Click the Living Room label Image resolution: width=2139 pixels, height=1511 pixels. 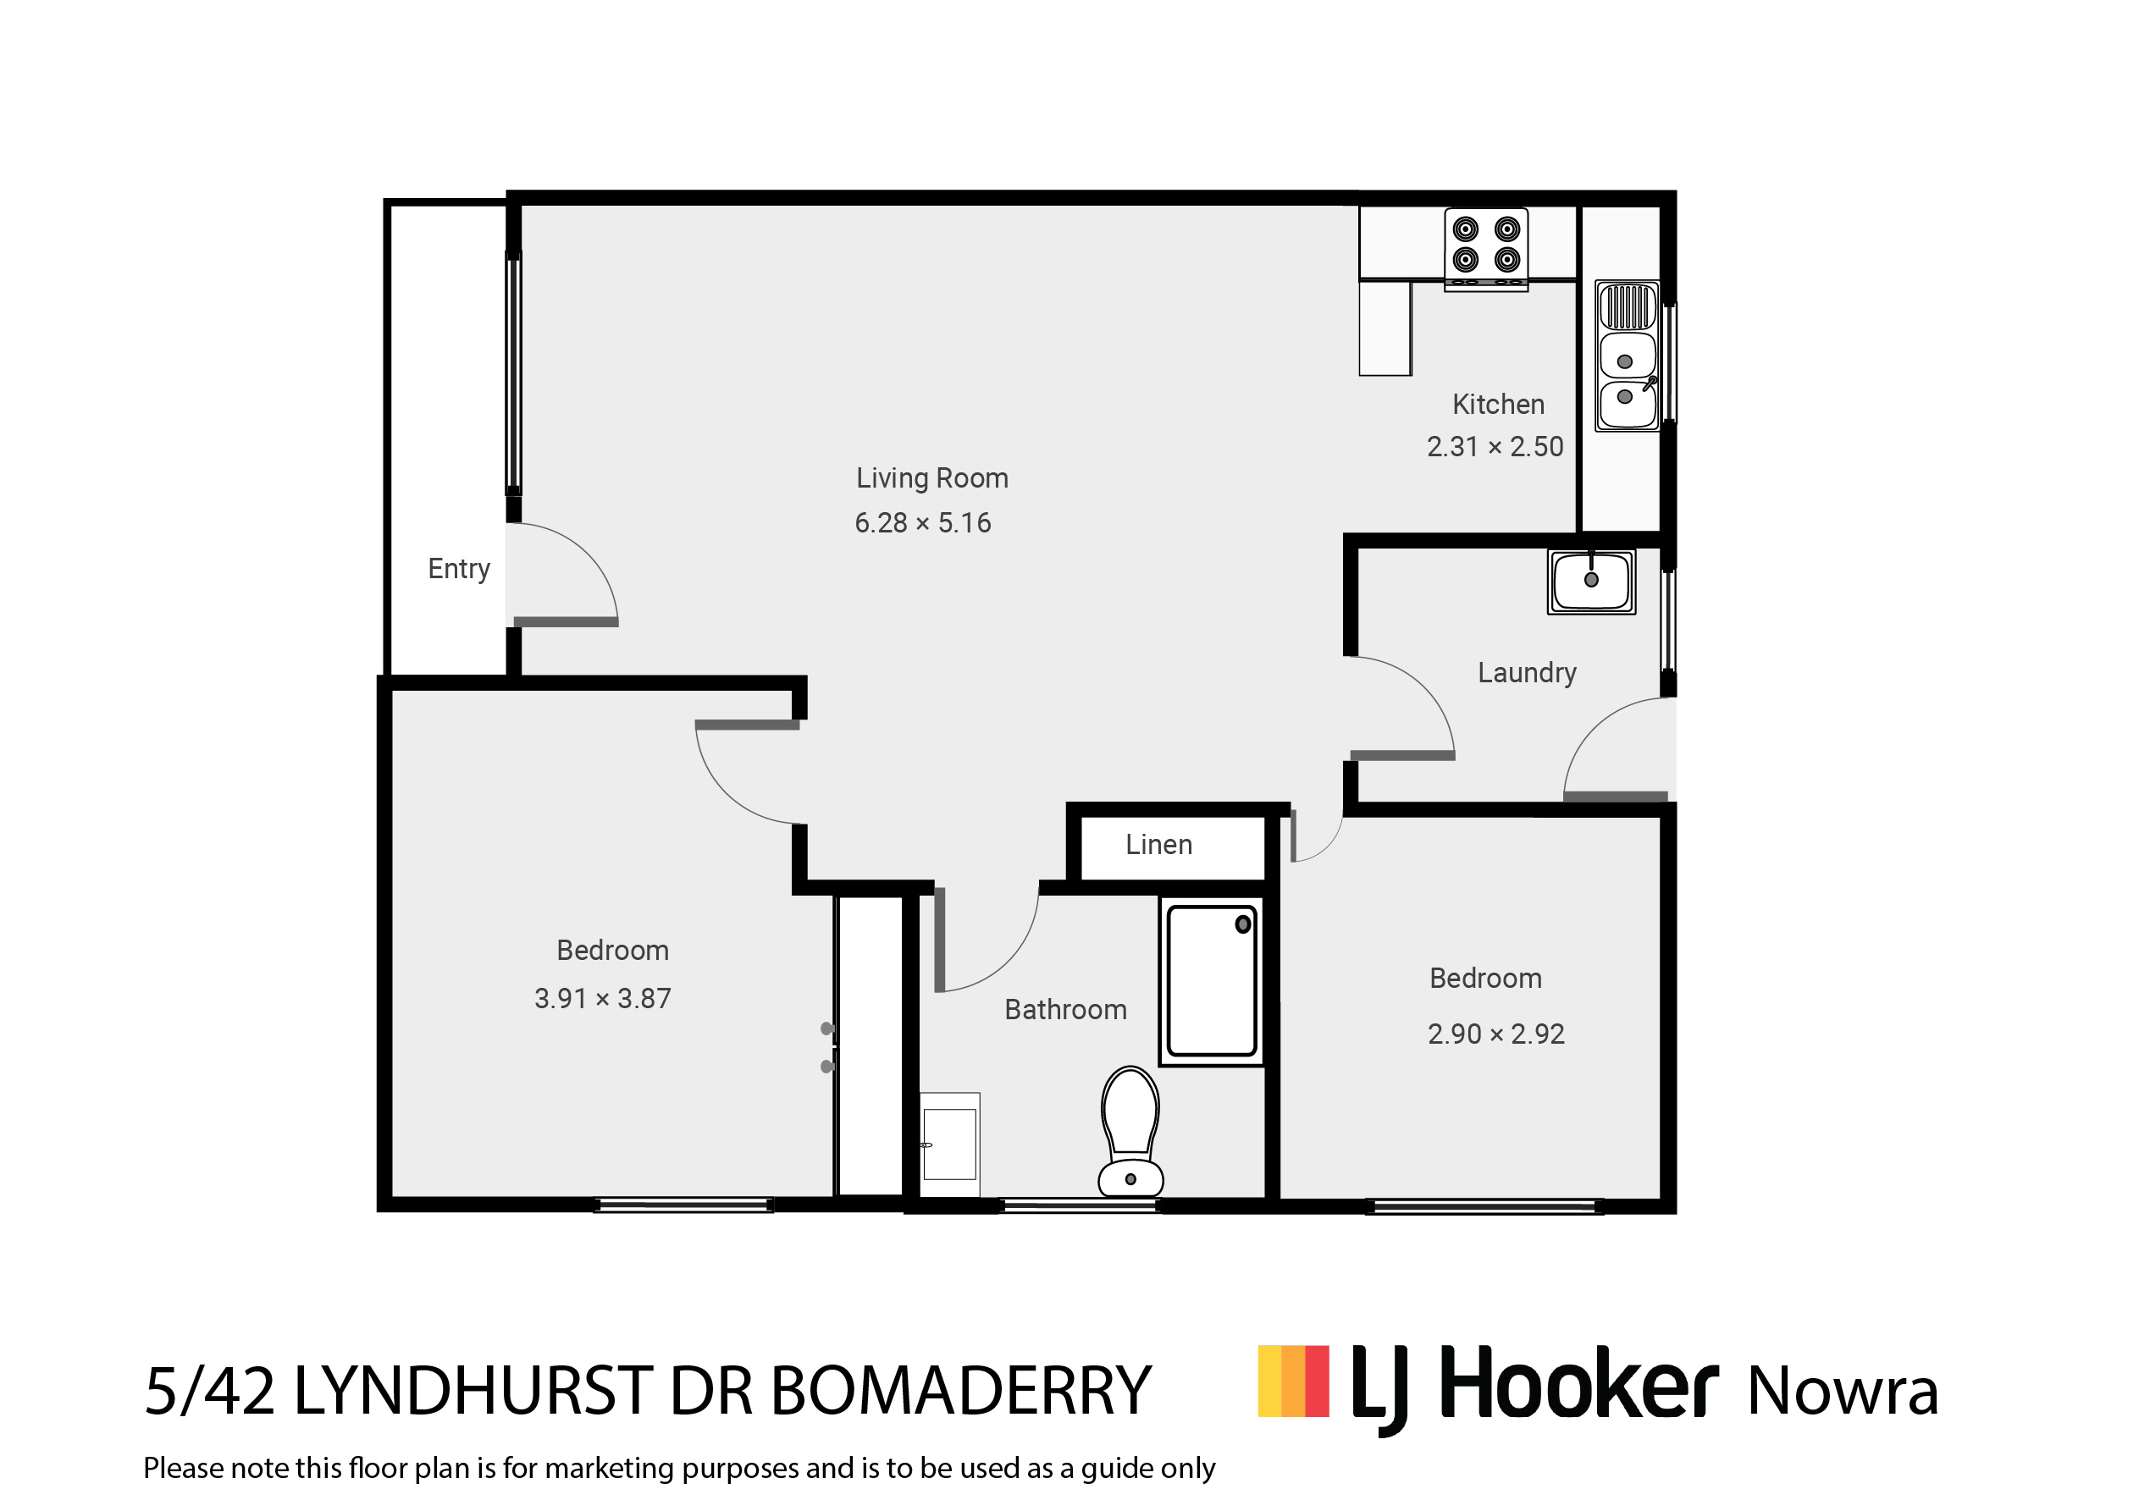coord(931,479)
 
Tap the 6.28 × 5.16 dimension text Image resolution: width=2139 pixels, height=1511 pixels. coord(923,523)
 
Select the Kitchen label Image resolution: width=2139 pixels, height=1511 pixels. coord(1498,405)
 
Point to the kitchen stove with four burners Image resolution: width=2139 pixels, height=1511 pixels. coord(1486,249)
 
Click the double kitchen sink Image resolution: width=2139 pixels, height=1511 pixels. coord(1628,356)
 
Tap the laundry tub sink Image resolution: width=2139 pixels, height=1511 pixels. coord(1591,582)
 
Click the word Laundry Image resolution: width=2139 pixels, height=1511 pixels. coord(1527,674)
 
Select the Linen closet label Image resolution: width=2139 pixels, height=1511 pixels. coord(1159,845)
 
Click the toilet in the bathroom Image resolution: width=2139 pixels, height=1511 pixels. coord(1131,1132)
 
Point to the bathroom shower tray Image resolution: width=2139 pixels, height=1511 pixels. coord(1212,982)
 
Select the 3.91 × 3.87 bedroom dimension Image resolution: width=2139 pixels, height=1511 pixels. coord(603,999)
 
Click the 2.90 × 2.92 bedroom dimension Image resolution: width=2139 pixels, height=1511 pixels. coord(1496,1034)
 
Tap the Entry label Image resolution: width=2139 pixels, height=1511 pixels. coord(458,569)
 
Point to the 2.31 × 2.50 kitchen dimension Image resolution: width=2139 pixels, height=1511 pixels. coord(1495,447)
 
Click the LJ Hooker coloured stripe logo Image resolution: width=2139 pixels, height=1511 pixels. coord(1293,1381)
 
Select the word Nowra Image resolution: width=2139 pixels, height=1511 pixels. coord(1843,1392)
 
